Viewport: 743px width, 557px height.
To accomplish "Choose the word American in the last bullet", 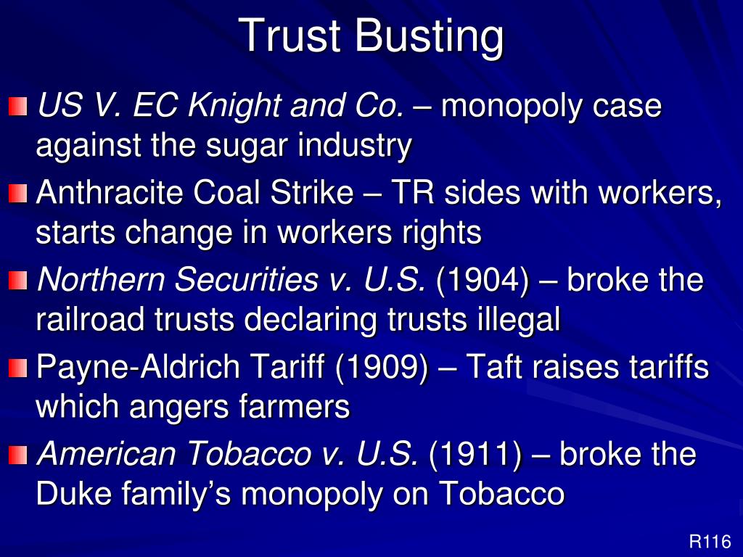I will (x=106, y=455).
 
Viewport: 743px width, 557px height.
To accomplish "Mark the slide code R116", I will (x=710, y=541).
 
